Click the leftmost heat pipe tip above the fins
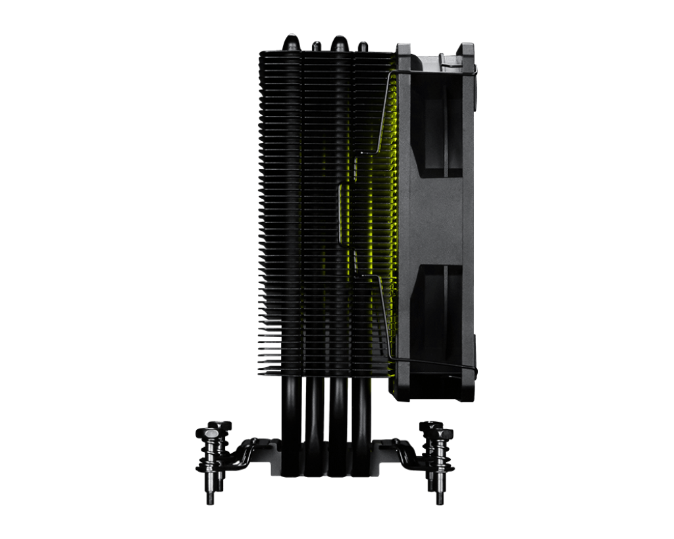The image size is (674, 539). pyautogui.click(x=291, y=41)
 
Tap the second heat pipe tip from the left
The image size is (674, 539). pyautogui.click(x=316, y=45)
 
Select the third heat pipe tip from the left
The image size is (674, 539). pyautogui.click(x=338, y=42)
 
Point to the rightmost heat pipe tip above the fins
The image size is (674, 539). pyautogui.click(x=362, y=45)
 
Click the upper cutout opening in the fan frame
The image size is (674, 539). pyautogui.click(x=436, y=129)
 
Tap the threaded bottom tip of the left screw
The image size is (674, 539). pyautogui.click(x=210, y=495)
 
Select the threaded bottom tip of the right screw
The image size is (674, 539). pyautogui.click(x=440, y=495)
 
